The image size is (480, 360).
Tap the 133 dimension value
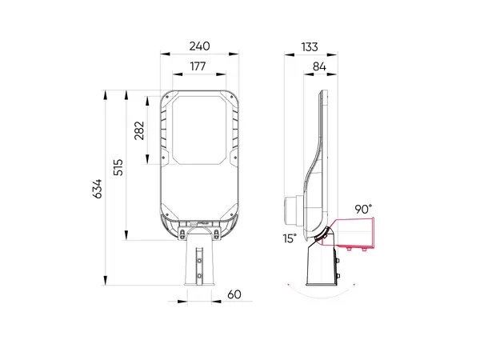310,46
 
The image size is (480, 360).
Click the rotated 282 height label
139,130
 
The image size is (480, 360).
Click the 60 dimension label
234,294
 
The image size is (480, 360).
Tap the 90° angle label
363,209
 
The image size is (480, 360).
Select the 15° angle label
290,238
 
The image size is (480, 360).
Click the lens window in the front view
200,128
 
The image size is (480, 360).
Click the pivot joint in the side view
324,234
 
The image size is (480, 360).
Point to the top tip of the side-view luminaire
322,91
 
